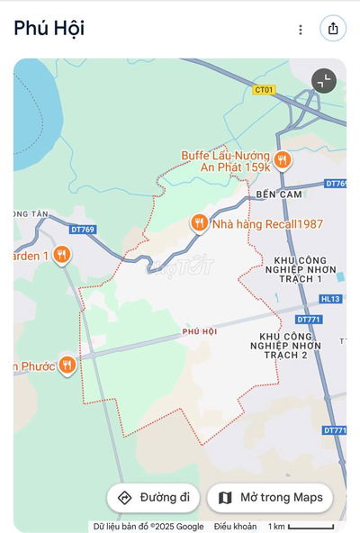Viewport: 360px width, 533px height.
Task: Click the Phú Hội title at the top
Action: [x=49, y=28]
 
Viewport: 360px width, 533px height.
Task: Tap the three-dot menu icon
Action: [x=301, y=29]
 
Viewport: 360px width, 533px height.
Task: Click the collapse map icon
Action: [x=324, y=81]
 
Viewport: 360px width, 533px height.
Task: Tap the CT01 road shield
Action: [x=263, y=90]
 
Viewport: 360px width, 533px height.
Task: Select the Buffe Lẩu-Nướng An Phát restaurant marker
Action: [x=283, y=160]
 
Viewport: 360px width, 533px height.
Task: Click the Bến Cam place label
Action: [x=276, y=194]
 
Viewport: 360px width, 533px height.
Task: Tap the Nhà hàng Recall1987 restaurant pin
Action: [x=199, y=222]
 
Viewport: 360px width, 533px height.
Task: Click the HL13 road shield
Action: [x=331, y=299]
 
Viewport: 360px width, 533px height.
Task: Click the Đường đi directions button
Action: [x=153, y=498]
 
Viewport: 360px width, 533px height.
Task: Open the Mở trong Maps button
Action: [x=270, y=498]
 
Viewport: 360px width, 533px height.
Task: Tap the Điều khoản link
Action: [x=235, y=527]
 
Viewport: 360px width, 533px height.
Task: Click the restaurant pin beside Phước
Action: [x=67, y=365]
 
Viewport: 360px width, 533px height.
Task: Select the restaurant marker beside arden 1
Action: [x=61, y=255]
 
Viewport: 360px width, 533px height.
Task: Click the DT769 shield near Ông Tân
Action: [x=82, y=230]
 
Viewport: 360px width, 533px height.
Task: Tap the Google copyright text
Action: [x=148, y=527]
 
